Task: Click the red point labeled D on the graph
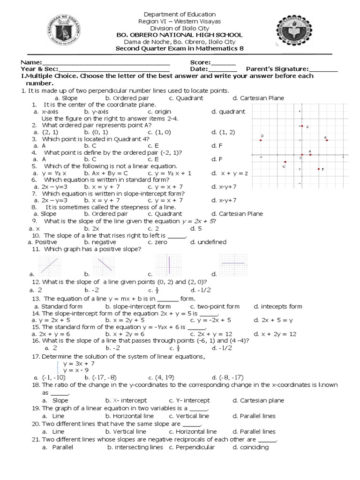point(260,140)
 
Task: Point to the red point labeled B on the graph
point(327,140)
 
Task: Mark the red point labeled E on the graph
point(302,126)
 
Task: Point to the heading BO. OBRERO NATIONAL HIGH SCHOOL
point(180,35)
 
